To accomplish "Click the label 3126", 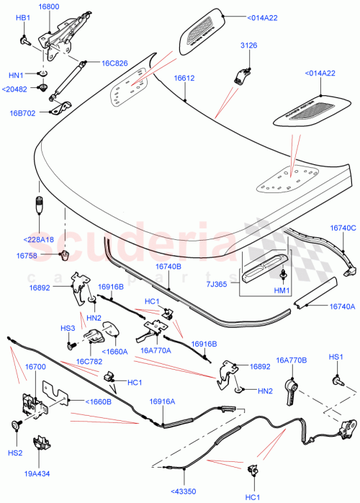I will [x=248, y=46].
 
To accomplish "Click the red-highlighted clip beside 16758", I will [x=63, y=255].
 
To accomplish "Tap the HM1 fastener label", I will [x=282, y=290].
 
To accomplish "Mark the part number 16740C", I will [x=343, y=228].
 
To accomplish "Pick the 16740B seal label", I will [x=169, y=266].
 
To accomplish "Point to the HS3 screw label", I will [x=68, y=329].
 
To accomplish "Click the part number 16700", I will [x=36, y=367].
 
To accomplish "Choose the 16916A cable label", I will [x=163, y=402].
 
